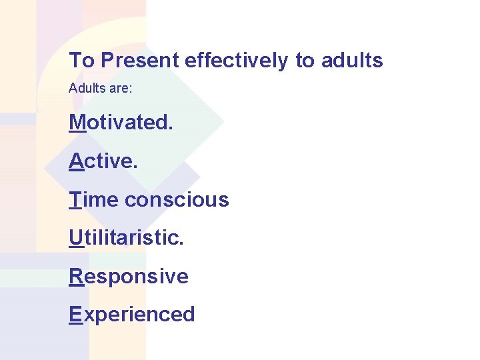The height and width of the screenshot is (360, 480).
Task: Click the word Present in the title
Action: point(140,61)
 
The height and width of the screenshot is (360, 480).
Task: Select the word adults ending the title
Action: point(352,61)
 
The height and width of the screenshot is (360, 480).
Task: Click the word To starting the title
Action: point(82,61)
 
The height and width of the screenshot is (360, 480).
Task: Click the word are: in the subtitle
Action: point(119,88)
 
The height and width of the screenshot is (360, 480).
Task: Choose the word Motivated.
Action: point(120,123)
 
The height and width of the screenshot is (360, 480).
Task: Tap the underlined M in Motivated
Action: point(77,123)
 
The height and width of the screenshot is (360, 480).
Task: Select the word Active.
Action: point(103,161)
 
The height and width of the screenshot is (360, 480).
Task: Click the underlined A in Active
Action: point(76,161)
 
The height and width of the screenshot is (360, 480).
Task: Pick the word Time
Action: point(94,199)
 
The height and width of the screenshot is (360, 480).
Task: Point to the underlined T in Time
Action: point(75,199)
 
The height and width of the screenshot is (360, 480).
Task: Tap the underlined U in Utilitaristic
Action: point(76,237)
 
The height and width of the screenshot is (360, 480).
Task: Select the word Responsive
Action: point(129,276)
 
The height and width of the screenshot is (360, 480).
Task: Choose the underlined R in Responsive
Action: point(76,276)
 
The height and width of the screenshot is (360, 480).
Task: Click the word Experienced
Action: point(132,314)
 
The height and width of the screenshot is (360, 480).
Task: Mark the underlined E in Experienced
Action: point(75,314)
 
